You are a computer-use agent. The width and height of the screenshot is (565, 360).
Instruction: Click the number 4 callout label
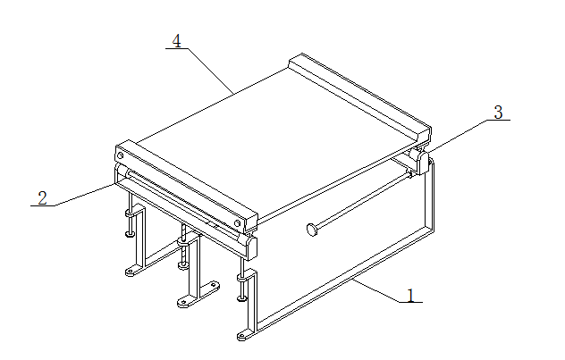click(x=177, y=41)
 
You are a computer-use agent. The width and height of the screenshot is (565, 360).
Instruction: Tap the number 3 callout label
click(x=498, y=113)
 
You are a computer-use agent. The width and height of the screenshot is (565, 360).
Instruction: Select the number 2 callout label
click(x=43, y=198)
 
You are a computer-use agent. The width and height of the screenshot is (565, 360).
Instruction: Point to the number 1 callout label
click(x=410, y=295)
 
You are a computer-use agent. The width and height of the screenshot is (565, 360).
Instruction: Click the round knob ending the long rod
click(x=312, y=230)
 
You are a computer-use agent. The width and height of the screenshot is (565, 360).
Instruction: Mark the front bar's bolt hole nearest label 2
click(x=120, y=155)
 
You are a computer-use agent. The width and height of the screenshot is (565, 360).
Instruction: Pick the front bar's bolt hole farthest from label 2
click(x=237, y=223)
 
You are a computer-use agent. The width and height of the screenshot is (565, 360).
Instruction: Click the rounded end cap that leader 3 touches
click(x=420, y=162)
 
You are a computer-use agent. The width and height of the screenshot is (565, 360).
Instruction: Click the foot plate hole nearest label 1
click(x=241, y=337)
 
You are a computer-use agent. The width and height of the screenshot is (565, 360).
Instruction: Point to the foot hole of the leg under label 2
click(x=130, y=271)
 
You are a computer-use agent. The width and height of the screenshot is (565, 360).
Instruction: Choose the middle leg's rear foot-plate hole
click(x=214, y=286)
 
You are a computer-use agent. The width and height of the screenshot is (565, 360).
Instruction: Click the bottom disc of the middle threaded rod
click(x=183, y=266)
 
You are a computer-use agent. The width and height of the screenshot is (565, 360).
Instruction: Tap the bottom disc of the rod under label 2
click(x=131, y=234)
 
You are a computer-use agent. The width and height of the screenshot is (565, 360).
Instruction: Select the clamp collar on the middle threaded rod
click(x=184, y=242)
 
